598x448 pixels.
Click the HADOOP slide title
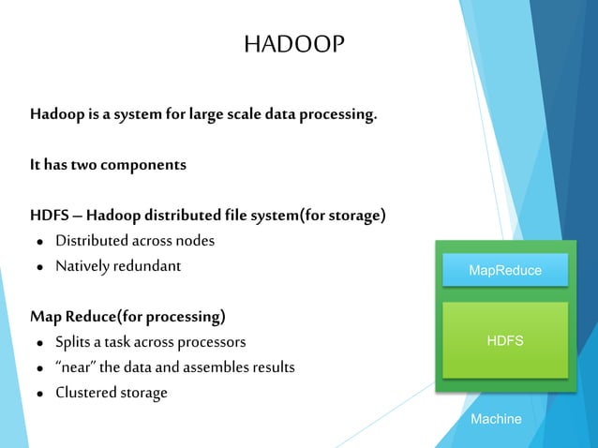click(x=293, y=44)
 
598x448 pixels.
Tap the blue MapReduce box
click(x=505, y=270)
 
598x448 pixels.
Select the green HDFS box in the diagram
click(x=505, y=340)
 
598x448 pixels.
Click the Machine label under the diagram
click(x=496, y=419)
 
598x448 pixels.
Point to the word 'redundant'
click(x=146, y=266)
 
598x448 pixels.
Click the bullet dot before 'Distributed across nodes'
click(x=40, y=242)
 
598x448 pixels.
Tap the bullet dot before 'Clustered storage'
click(x=40, y=394)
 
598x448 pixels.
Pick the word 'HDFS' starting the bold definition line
click(x=49, y=217)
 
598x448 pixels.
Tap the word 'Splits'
click(x=74, y=342)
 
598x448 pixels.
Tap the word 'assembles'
click(x=216, y=367)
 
